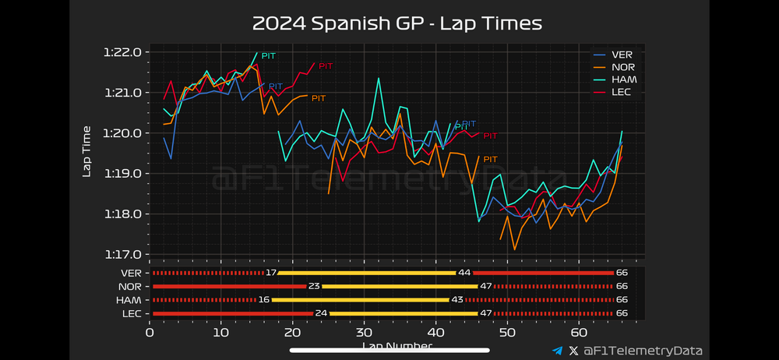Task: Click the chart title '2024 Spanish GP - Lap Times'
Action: point(397,23)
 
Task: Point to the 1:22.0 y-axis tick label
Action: point(122,53)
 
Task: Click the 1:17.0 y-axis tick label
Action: point(122,254)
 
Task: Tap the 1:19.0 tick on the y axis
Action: point(122,174)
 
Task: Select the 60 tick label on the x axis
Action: point(579,330)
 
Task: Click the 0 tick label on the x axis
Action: point(150,330)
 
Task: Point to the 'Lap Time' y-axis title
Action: point(87,152)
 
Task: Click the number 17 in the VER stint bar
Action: point(271,273)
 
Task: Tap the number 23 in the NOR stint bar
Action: point(314,286)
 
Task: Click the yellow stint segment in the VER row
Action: point(366,273)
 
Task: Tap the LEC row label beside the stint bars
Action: point(130,313)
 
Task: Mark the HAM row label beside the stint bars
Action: point(129,300)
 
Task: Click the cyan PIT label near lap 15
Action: point(269,56)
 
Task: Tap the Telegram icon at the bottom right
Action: point(556,351)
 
